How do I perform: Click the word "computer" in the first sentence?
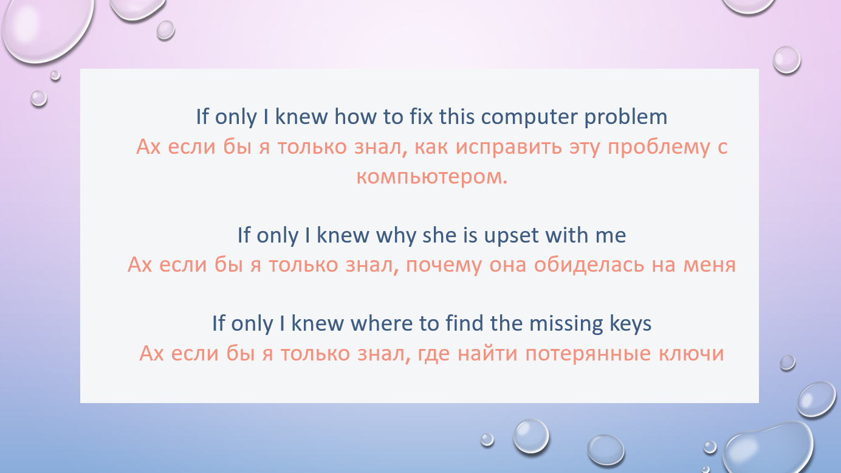pyautogui.click(x=529, y=117)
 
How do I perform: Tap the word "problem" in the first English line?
pyautogui.click(x=626, y=117)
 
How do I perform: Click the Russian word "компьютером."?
pyautogui.click(x=432, y=176)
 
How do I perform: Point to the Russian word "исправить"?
pyautogui.click(x=509, y=147)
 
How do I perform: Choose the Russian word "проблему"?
pyautogui.click(x=659, y=147)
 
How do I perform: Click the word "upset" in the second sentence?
pyautogui.click(x=512, y=236)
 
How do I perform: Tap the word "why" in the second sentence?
pyautogui.click(x=396, y=235)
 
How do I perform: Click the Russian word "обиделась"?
pyautogui.click(x=589, y=264)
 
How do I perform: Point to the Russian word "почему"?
pyautogui.click(x=444, y=265)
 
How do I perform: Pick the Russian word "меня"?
pyautogui.click(x=710, y=265)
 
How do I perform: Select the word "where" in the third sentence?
pyautogui.click(x=382, y=323)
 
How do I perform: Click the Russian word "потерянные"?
pyautogui.click(x=588, y=354)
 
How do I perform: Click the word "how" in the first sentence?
pyautogui.click(x=355, y=116)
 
